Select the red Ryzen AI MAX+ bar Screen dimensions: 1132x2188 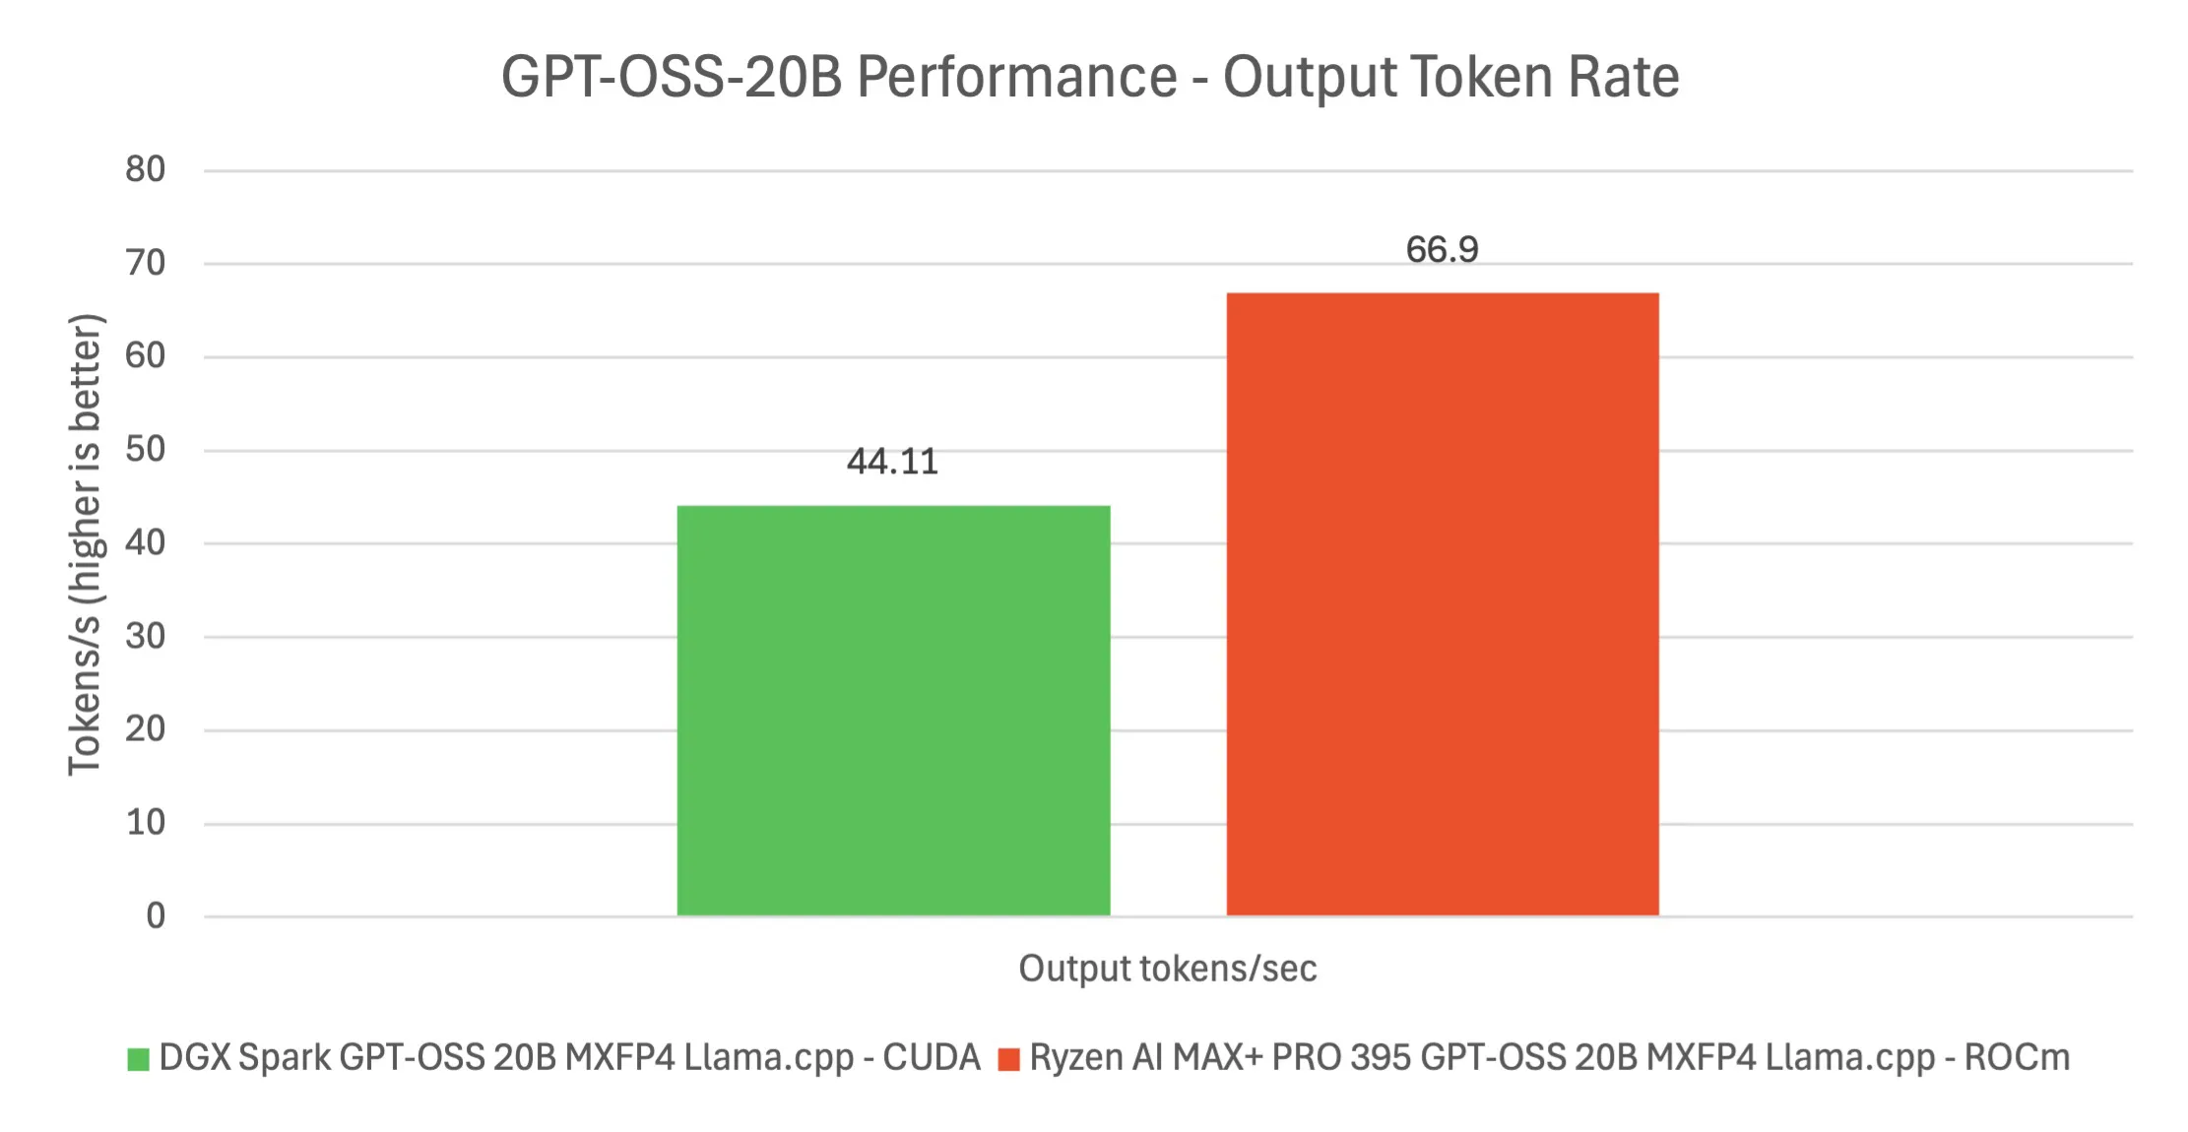[1442, 604]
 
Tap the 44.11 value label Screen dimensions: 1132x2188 [892, 462]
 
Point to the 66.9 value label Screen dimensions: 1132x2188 [1442, 250]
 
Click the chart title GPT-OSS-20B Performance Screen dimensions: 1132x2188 [1090, 77]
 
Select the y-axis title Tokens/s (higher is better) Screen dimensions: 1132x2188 [86, 544]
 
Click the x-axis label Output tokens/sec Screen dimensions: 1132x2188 [1167, 969]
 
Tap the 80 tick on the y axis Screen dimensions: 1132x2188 [146, 170]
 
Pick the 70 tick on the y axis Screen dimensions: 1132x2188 [146, 264]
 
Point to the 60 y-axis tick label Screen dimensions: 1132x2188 [146, 356]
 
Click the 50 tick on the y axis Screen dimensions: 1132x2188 [146, 450]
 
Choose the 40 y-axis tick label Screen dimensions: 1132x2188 [146, 543]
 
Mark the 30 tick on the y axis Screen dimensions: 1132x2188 [146, 637]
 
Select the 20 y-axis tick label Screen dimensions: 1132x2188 [146, 729]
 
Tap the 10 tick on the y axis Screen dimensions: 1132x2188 [146, 823]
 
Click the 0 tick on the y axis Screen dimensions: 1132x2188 [156, 916]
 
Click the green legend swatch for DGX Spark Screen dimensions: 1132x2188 [138, 1059]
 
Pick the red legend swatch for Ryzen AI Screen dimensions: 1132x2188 [1008, 1059]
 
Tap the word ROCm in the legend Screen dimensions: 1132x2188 [2017, 1057]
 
